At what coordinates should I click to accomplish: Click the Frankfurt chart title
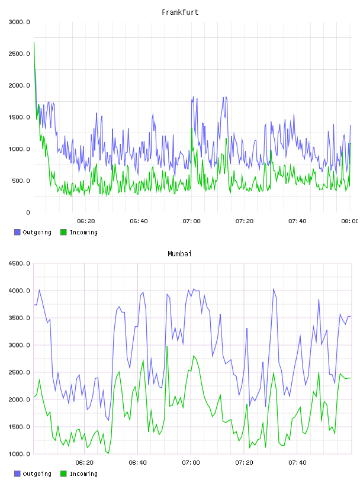tap(180, 12)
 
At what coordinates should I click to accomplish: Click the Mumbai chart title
tap(179, 254)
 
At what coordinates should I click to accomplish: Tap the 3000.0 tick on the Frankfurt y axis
tap(19, 22)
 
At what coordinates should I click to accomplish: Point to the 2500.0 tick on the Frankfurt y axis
tap(19, 54)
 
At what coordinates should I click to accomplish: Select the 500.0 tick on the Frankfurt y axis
tap(21, 181)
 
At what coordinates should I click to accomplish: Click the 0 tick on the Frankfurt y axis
tap(28, 212)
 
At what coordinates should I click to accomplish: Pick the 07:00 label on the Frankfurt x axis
tap(191, 221)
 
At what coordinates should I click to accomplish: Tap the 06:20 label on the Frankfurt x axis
tap(86, 221)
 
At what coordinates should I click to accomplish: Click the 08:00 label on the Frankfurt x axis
tap(350, 221)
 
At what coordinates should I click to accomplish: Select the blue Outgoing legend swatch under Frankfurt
tap(17, 232)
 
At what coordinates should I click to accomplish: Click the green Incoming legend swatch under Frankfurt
tap(63, 232)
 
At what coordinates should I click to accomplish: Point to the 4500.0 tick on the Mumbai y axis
tap(19, 263)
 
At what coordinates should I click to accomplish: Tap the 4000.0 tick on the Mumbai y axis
tap(19, 291)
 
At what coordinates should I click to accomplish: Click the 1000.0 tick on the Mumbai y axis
tap(19, 454)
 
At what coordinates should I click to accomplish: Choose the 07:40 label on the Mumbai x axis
tap(297, 463)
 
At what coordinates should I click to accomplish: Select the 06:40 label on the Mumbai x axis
tap(138, 463)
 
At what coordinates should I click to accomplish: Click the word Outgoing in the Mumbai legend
tap(37, 474)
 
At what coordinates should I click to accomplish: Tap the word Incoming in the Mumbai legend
tap(83, 474)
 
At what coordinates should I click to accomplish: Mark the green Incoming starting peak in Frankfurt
tap(34, 42)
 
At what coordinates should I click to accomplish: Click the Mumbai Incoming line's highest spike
tap(167, 346)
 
